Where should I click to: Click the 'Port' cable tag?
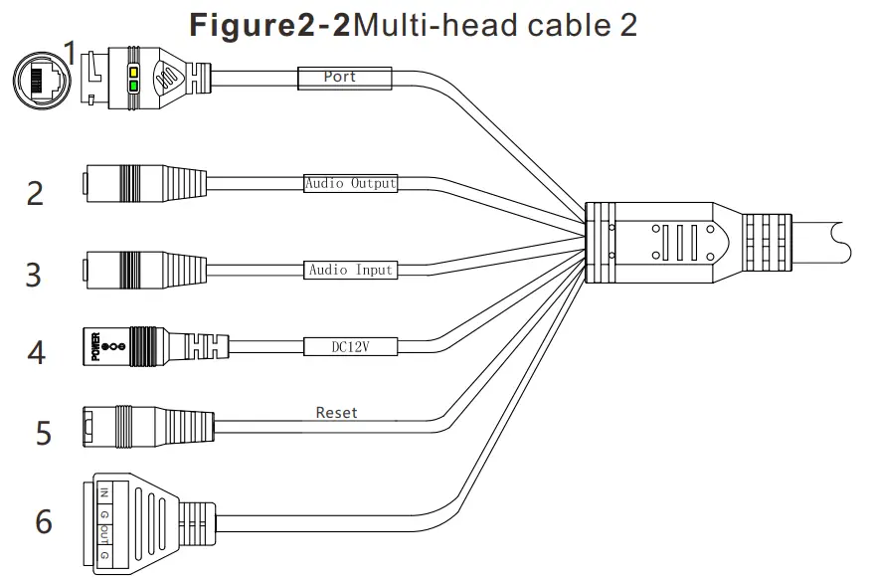(340, 77)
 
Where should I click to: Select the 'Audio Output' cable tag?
(350, 183)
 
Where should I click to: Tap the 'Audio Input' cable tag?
(350, 270)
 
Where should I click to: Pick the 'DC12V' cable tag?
(350, 346)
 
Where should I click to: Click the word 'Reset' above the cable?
(336, 412)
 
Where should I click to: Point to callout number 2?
(35, 193)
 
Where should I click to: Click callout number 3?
(34, 274)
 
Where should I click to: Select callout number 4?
(36, 352)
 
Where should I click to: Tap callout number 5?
(43, 433)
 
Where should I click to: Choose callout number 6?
(43, 521)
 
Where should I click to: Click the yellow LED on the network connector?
(132, 72)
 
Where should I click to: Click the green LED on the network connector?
(132, 87)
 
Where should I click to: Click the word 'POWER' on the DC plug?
(96, 347)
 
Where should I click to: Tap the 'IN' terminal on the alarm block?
(104, 492)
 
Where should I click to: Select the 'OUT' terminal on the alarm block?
(104, 536)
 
